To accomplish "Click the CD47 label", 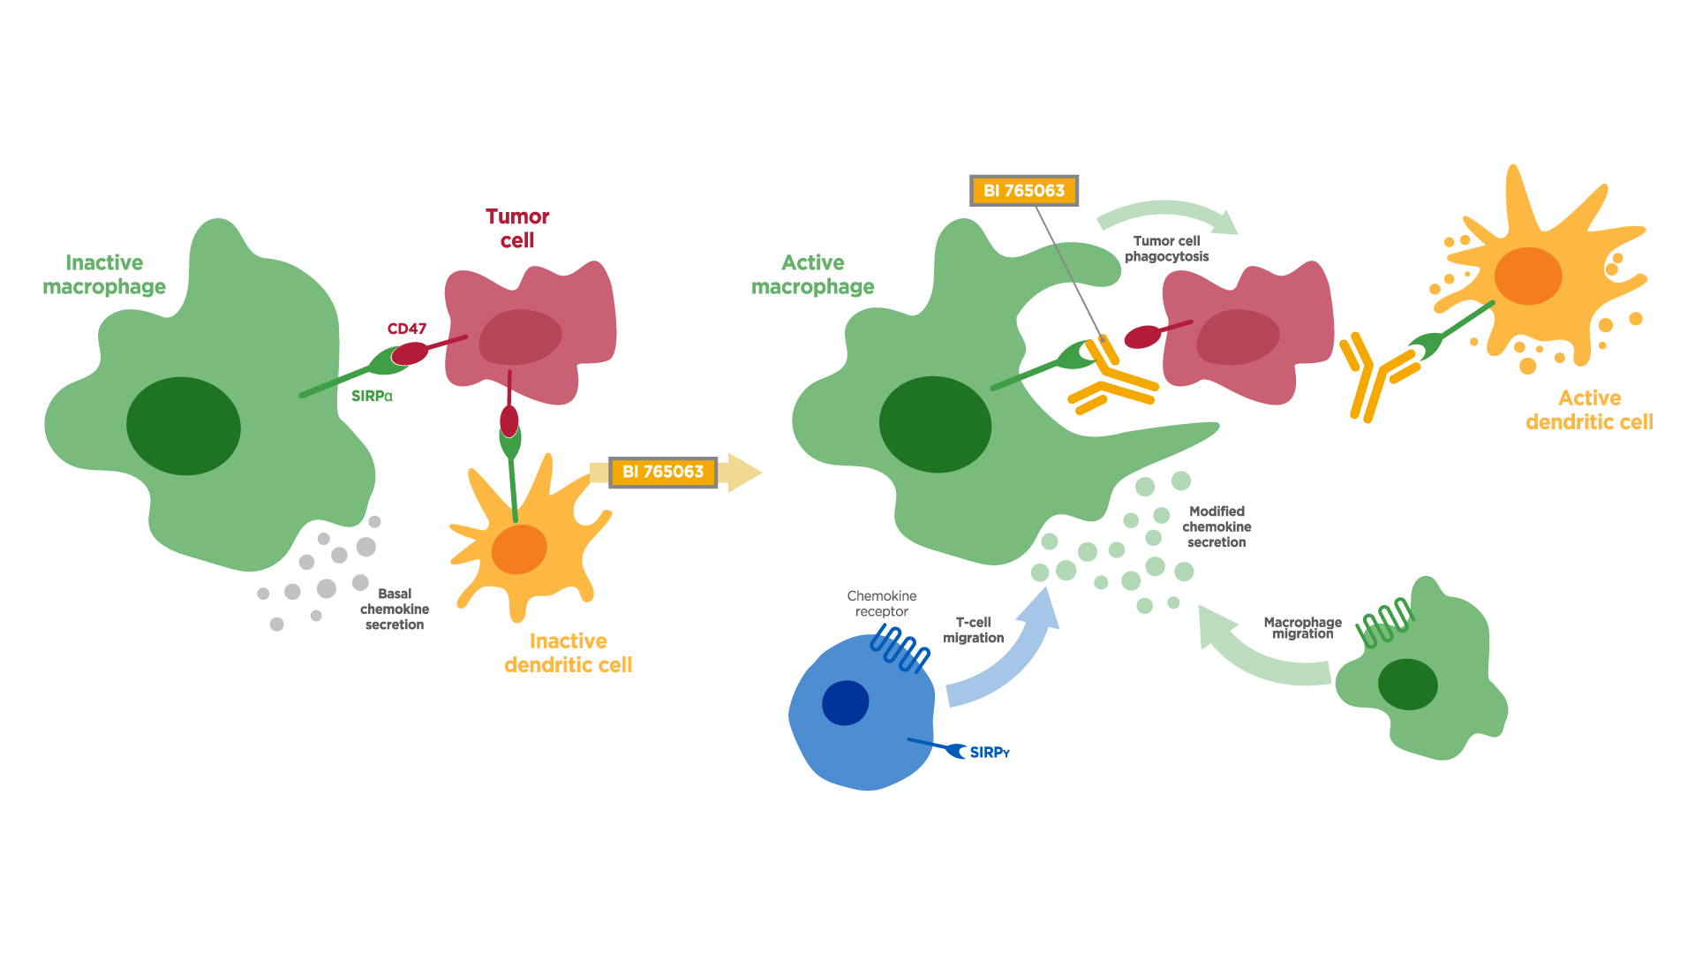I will click(406, 329).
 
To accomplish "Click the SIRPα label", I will click(372, 397).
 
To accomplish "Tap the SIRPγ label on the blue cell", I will click(989, 753).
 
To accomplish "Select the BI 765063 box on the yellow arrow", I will click(663, 472).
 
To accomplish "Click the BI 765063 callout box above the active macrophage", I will click(1024, 191).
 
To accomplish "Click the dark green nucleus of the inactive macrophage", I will click(184, 426).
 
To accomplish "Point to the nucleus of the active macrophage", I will click(935, 425).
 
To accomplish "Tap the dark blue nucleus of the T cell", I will click(845, 703).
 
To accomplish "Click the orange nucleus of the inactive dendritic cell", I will click(519, 549).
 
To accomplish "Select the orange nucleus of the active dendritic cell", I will click(1528, 276).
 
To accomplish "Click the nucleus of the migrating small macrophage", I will click(1407, 685).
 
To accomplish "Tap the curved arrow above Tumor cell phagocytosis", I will click(1165, 213).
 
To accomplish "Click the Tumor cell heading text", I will click(517, 229).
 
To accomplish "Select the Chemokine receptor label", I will click(881, 603).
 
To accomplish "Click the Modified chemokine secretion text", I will click(1217, 526).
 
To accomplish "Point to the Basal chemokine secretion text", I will click(394, 609).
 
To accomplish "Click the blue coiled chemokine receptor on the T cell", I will click(900, 648).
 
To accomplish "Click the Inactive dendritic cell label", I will click(568, 653).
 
